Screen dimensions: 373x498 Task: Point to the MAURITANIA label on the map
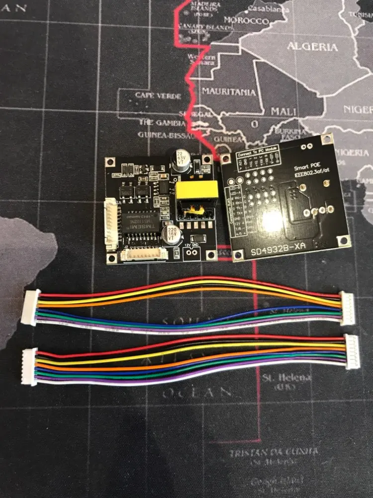(229, 92)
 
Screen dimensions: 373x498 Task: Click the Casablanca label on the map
(269, 9)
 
